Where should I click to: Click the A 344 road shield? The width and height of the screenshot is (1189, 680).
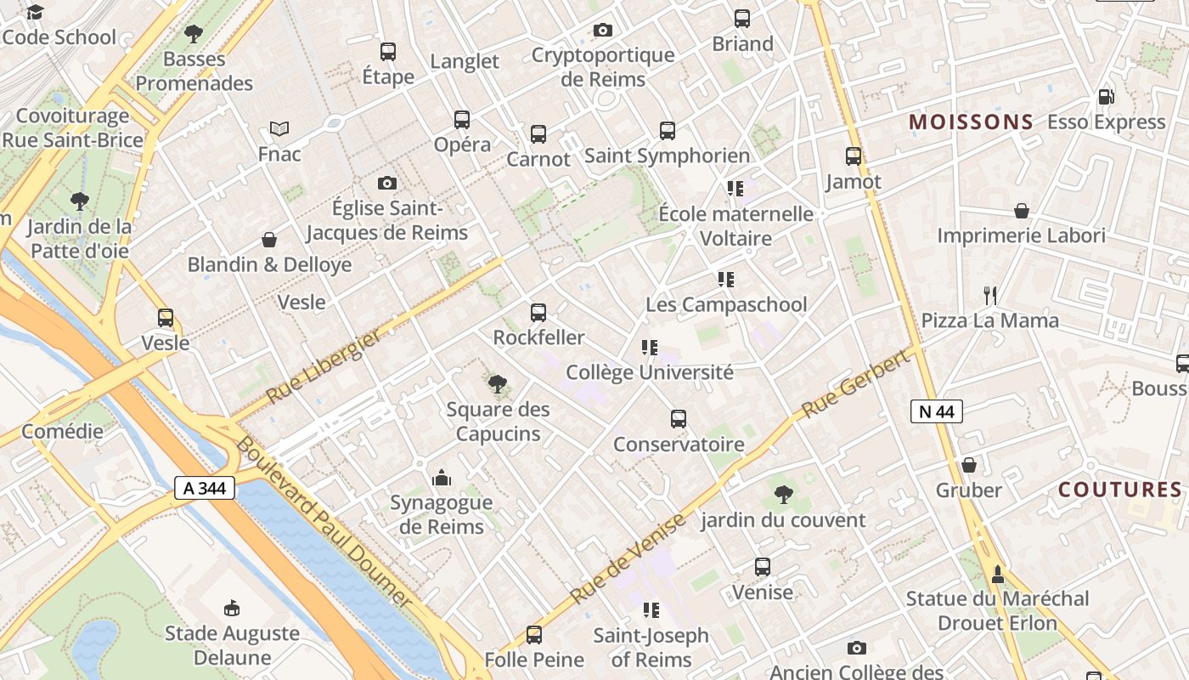205,488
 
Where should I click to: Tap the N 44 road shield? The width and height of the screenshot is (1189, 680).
937,411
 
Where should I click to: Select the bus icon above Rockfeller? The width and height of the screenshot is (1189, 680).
538,313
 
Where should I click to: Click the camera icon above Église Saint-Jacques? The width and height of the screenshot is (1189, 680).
387,183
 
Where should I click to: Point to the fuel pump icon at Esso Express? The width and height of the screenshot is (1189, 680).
1106,97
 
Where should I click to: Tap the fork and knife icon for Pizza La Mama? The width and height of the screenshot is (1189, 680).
990,296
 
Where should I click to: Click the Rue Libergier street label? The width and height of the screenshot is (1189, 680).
324,366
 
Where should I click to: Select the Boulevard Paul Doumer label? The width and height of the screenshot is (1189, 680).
323,522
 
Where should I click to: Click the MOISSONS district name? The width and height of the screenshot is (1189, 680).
972,122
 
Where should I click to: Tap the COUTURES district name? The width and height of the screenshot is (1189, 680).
1120,490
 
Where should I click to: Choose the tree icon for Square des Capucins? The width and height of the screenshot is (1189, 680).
498,384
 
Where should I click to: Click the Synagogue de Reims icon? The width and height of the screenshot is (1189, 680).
441,478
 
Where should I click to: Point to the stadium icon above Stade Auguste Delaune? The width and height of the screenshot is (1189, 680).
231,608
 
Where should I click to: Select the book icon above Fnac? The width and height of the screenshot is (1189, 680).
279,129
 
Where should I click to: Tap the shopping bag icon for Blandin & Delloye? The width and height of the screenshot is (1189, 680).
269,240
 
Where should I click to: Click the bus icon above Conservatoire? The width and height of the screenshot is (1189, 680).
678,419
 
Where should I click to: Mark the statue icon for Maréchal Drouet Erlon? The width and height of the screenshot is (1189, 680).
998,574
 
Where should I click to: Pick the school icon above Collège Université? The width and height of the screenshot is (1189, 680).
650,347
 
